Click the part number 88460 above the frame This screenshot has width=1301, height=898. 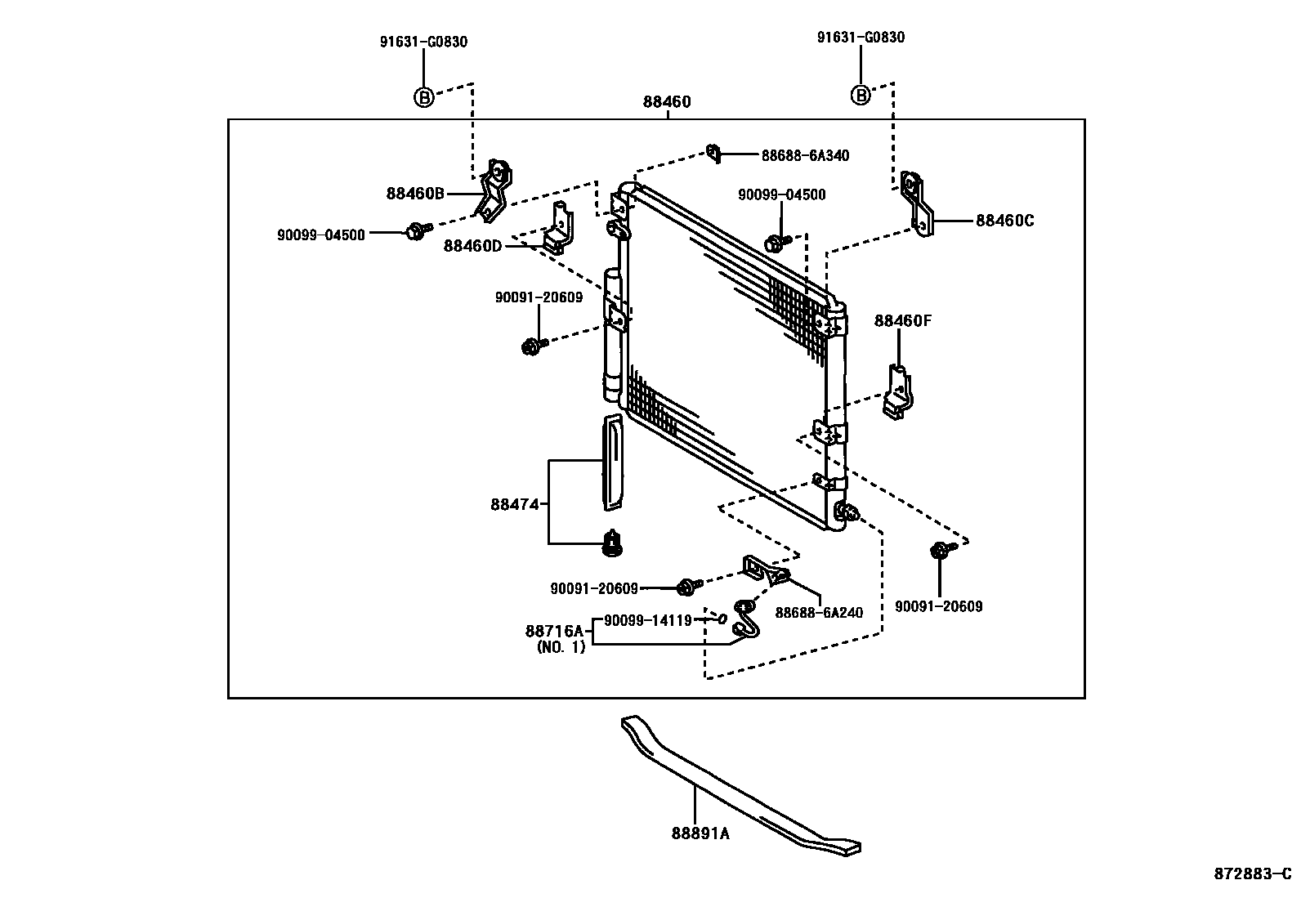pyautogui.click(x=667, y=102)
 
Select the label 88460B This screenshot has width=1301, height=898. pyautogui.click(x=415, y=194)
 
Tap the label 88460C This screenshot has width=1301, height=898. pyautogui.click(x=1004, y=221)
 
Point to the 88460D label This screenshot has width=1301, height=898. pyautogui.click(x=472, y=245)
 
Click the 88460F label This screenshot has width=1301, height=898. pyautogui.click(x=902, y=321)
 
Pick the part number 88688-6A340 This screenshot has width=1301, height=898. pyautogui.click(x=805, y=155)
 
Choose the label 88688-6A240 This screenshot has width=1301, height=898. pyautogui.click(x=819, y=613)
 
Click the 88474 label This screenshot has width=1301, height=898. pyautogui.click(x=515, y=505)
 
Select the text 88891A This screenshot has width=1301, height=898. pyautogui.click(x=700, y=833)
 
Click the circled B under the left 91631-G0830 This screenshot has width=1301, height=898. pyautogui.click(x=423, y=97)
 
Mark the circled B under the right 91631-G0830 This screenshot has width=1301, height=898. pyautogui.click(x=861, y=96)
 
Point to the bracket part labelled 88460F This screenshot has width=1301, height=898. pyautogui.click(x=898, y=392)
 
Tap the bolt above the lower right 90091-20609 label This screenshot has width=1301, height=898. pyautogui.click(x=941, y=551)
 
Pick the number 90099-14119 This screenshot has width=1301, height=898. pyautogui.click(x=648, y=620)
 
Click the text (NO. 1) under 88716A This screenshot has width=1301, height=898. pyautogui.click(x=561, y=647)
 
